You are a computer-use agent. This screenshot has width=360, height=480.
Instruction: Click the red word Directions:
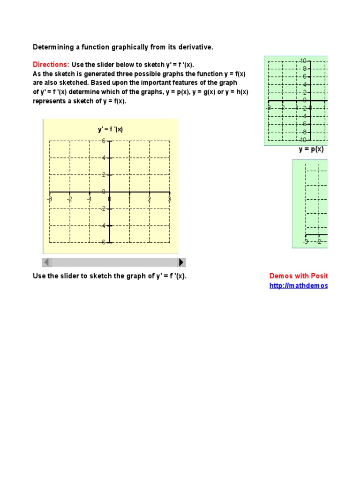pos(51,65)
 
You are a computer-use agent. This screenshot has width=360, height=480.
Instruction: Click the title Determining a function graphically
pos(122,47)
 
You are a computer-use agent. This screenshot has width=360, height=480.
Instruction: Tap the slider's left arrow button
pos(47,262)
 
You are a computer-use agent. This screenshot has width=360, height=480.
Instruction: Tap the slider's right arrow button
pos(181,262)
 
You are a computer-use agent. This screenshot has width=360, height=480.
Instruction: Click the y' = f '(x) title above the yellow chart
pos(110,129)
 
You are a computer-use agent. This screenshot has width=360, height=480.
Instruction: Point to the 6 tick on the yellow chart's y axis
pos(104,141)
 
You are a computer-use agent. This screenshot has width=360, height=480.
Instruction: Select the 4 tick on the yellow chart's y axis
pos(104,158)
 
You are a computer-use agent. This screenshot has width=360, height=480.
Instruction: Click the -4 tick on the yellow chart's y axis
pos(103,225)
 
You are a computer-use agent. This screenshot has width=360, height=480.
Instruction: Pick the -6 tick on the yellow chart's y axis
pos(103,242)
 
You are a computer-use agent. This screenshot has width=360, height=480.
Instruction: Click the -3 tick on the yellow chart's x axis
pos(50,199)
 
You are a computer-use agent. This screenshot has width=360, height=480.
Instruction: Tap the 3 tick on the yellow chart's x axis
pos(170,199)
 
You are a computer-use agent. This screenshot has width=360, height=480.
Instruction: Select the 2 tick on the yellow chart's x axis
pos(150,199)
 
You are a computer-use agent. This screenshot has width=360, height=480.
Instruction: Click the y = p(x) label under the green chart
pos(311,150)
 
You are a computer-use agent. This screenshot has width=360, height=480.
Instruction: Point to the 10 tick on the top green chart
pos(303,61)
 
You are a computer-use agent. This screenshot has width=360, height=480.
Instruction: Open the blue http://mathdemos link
pos(298,286)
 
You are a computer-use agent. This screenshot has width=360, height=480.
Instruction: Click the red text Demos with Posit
pos(298,276)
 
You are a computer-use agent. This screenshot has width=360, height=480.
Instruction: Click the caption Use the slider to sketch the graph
pos(109,276)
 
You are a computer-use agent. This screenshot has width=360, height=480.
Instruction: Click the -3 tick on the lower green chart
pos(306,242)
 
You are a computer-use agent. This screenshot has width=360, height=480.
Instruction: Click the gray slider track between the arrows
pos(114,262)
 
